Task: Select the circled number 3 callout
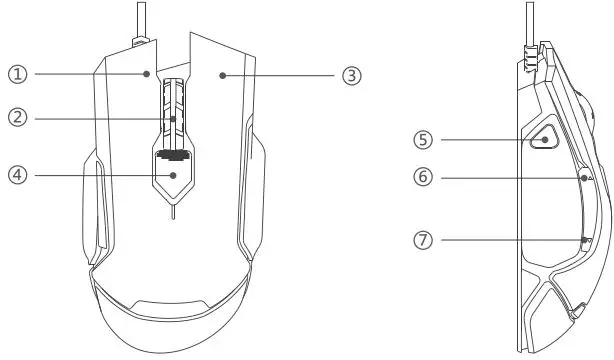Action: pyautogui.click(x=350, y=75)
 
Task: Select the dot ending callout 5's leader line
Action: pyautogui.click(x=544, y=140)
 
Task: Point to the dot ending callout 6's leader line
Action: pyautogui.click(x=584, y=177)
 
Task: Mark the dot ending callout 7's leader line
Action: pyautogui.click(x=585, y=239)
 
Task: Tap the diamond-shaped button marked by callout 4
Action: pyautogui.click(x=174, y=176)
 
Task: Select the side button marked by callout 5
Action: pyautogui.click(x=543, y=137)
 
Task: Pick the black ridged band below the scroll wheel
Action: pyautogui.click(x=174, y=154)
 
